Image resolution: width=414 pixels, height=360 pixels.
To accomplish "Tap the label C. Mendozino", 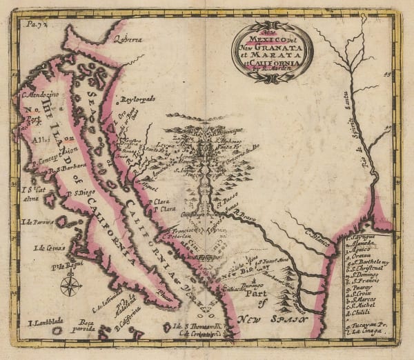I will pos(43,98).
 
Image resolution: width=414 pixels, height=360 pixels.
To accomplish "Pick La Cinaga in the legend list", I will pos(366,333).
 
